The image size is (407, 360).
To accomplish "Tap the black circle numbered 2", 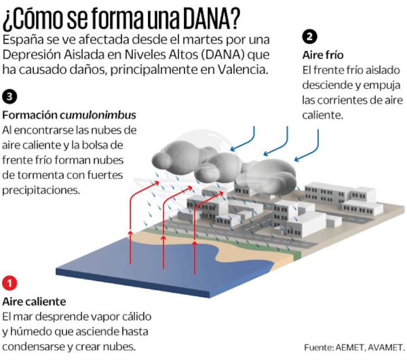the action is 309,37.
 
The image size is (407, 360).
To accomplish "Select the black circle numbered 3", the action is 10,97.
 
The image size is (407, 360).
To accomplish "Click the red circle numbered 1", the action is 10,283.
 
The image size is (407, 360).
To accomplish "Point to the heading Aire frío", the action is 323,55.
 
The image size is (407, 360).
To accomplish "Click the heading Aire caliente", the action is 34,301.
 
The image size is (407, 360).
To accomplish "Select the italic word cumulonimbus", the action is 98,115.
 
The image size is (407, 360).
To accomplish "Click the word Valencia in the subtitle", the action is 243,69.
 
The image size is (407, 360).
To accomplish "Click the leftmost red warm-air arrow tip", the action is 159,182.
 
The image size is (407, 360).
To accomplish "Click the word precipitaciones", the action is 41,190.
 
